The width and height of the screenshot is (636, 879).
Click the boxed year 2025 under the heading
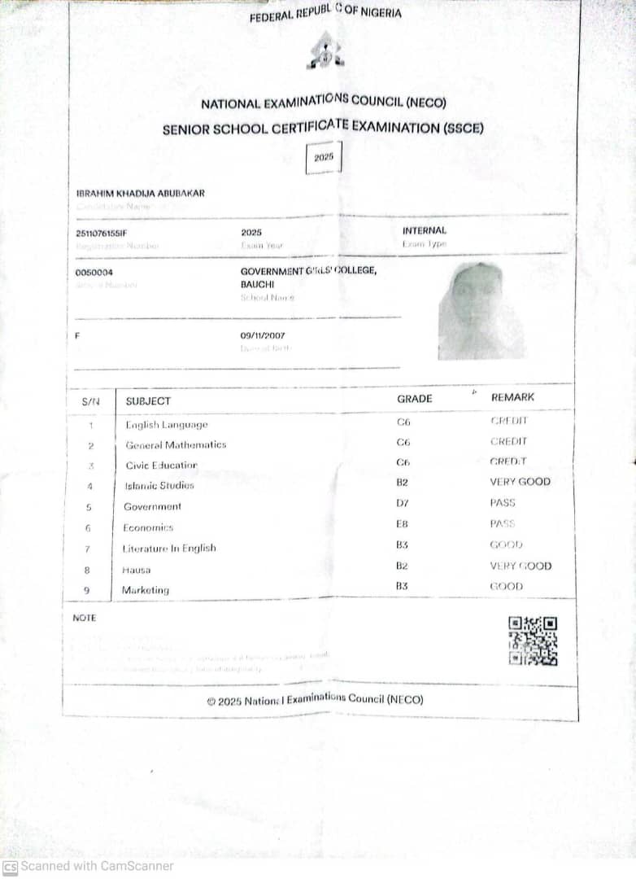[324, 157]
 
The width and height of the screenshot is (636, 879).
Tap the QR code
[533, 641]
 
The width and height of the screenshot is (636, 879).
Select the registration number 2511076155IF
[102, 233]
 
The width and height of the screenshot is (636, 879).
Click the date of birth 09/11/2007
[263, 335]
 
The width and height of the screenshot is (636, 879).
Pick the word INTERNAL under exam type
[425, 230]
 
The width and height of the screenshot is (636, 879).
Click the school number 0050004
[94, 273]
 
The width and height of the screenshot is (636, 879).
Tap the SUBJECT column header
[148, 400]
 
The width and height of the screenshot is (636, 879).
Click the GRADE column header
[415, 399]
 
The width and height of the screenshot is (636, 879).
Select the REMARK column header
[512, 397]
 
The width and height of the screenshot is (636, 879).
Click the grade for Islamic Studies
[403, 482]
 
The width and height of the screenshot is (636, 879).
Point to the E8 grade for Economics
[403, 524]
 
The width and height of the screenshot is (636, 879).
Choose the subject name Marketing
[146, 590]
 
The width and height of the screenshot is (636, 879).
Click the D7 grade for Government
[403, 503]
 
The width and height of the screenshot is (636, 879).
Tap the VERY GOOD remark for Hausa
[521, 566]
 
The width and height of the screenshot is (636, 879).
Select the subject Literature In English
[169, 549]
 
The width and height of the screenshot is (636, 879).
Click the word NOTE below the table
[85, 618]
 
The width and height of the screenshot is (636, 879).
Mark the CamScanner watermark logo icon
[10, 867]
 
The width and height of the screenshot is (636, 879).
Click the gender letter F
[78, 335]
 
